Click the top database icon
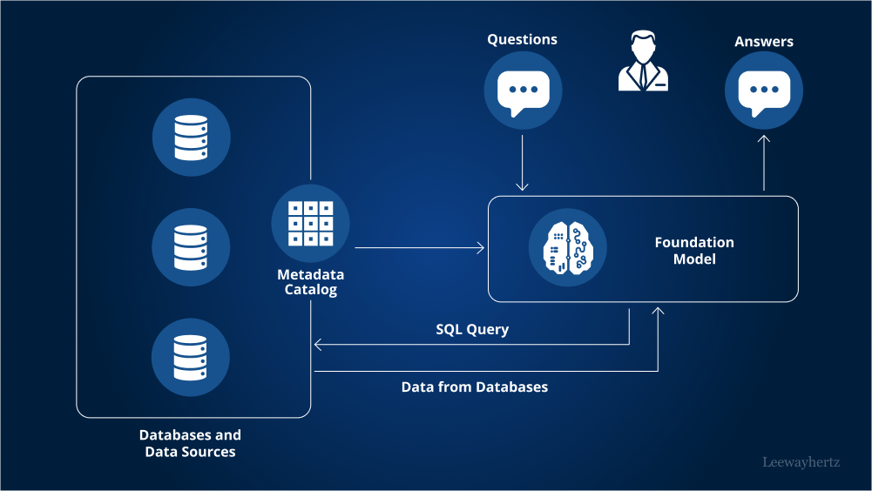[192, 138]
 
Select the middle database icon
[192, 247]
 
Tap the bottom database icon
[192, 357]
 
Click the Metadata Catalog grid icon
[310, 223]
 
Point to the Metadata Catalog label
[310, 282]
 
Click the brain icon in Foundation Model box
[567, 248]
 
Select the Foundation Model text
[694, 251]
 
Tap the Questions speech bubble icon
[523, 91]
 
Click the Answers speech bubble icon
[764, 91]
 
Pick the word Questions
[522, 39]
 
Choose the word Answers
[764, 41]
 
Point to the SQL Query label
[472, 329]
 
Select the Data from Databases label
[475, 387]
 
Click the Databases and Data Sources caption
[190, 443]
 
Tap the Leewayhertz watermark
[801, 461]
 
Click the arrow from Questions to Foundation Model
[522, 162]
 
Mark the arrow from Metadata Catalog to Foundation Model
[419, 248]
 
